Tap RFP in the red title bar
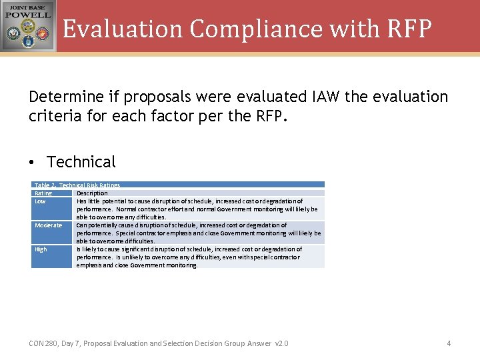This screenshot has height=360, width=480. (407, 29)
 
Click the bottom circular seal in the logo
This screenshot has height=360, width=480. (28, 43)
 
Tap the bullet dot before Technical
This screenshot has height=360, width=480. (33, 163)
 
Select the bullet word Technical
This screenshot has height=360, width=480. (81, 162)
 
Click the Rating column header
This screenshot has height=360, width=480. (43, 193)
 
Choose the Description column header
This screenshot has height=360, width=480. (92, 193)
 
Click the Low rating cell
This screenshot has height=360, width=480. (41, 201)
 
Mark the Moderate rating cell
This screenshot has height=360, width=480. (48, 225)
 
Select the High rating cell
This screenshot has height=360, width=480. (41, 249)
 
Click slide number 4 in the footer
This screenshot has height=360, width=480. (449, 343)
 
